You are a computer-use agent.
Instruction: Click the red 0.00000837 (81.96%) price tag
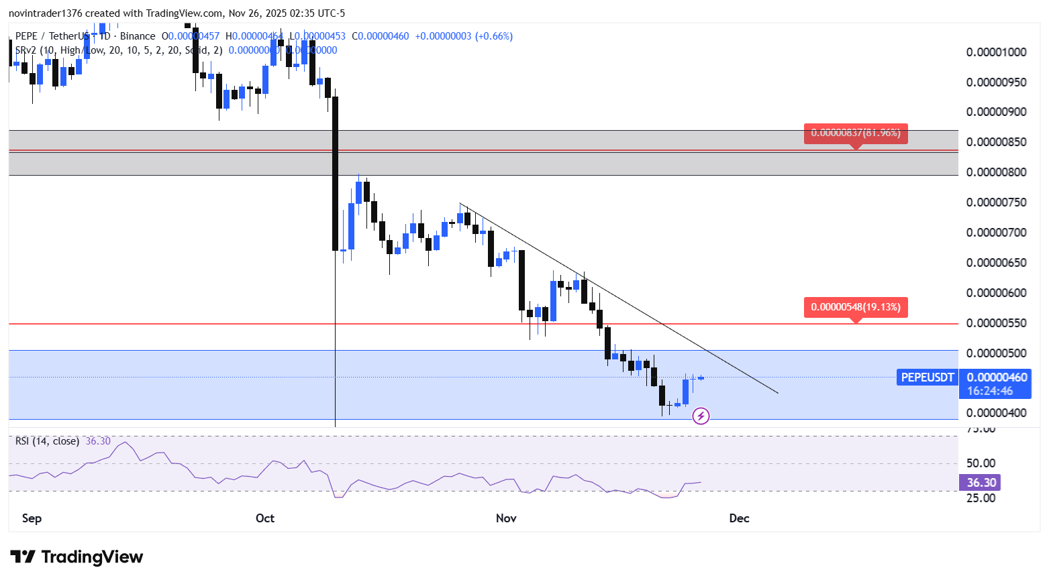[856, 133]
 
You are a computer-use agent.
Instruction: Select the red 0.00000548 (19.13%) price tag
[856, 307]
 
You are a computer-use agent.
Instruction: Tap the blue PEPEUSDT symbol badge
[927, 377]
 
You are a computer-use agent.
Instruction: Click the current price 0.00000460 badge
[997, 377]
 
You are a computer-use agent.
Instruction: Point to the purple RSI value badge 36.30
[981, 483]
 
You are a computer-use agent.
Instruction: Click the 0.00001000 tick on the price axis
[996, 52]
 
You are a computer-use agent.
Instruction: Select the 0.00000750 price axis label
[996, 202]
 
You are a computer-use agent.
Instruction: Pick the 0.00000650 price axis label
[996, 263]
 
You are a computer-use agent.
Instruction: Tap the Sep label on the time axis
[32, 518]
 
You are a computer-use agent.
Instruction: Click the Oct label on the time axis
[265, 518]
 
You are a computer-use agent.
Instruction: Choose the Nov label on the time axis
[506, 518]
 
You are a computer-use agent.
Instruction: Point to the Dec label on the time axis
[739, 518]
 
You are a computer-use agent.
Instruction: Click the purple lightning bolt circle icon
[701, 416]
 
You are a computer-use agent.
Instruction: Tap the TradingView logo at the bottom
[77, 557]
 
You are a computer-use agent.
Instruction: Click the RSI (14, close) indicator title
[47, 441]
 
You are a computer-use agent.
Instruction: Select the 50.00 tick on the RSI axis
[981, 463]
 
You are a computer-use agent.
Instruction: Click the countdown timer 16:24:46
[989, 391]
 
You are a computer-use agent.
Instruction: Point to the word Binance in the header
[138, 36]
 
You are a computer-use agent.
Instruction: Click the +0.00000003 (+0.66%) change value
[464, 36]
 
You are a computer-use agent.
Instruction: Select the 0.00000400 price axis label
[996, 413]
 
